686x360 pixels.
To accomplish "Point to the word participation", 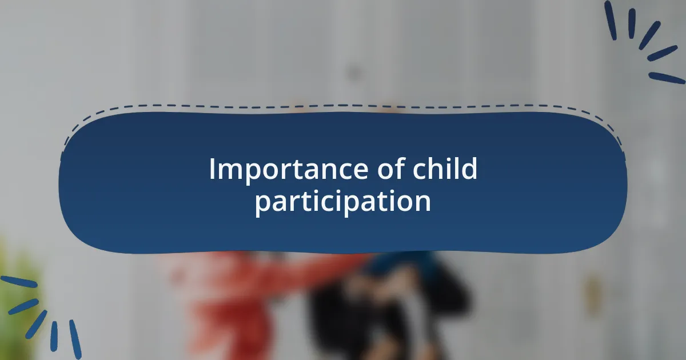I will pos(343,202).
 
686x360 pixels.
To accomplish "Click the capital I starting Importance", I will pos(212,169).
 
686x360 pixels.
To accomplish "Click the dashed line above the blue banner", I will pos(343,106).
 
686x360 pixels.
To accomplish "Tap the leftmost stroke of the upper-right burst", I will pos(611,20).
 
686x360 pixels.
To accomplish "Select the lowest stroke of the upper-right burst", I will pos(667,78).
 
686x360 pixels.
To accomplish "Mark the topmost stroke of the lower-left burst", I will pos(18,282).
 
